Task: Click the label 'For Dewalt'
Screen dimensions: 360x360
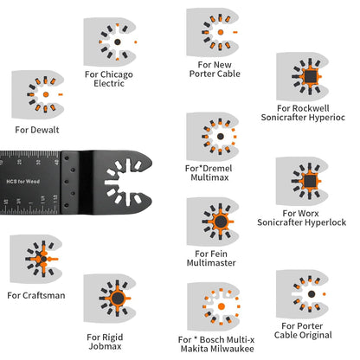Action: tap(32, 130)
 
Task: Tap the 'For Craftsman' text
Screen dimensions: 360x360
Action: tap(36, 295)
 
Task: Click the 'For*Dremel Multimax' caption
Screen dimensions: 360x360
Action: tap(208, 171)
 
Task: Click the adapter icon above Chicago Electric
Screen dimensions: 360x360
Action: tap(114, 41)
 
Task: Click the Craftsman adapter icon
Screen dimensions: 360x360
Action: tap(36, 259)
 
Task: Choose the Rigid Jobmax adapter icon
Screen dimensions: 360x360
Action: tap(113, 300)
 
